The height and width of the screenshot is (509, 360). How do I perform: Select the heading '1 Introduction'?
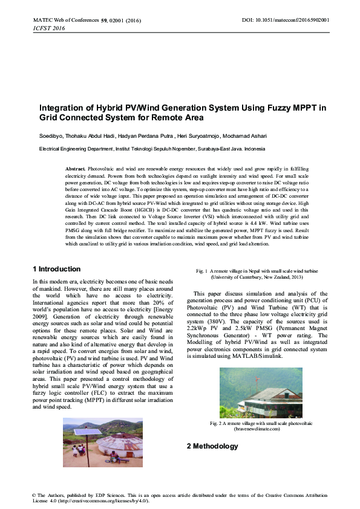(x=56, y=269)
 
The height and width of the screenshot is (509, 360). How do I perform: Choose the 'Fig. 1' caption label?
(x=201, y=270)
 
